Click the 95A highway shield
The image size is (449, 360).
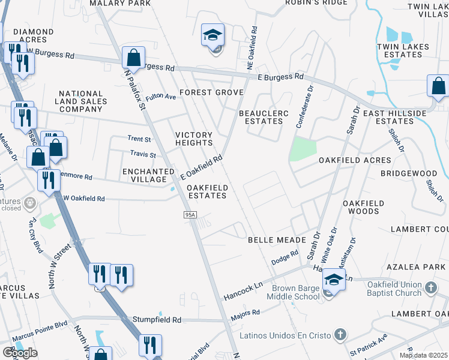(x=190, y=215)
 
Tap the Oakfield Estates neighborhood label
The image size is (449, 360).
(x=207, y=192)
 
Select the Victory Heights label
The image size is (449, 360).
(x=193, y=139)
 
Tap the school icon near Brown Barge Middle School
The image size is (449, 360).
(x=334, y=280)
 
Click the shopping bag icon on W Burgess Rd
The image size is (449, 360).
(x=133, y=58)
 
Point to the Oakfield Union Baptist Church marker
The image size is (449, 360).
(x=430, y=289)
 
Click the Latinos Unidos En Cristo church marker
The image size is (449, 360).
(x=340, y=334)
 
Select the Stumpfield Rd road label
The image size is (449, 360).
(x=157, y=320)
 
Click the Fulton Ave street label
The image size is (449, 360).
(x=160, y=96)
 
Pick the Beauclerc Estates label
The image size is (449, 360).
(x=264, y=117)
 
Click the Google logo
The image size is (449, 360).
(x=20, y=352)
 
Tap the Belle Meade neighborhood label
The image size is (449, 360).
(x=270, y=240)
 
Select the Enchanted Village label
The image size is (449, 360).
(x=144, y=175)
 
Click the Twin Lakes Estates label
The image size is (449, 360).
(x=400, y=50)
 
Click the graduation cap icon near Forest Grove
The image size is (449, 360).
(x=212, y=36)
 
